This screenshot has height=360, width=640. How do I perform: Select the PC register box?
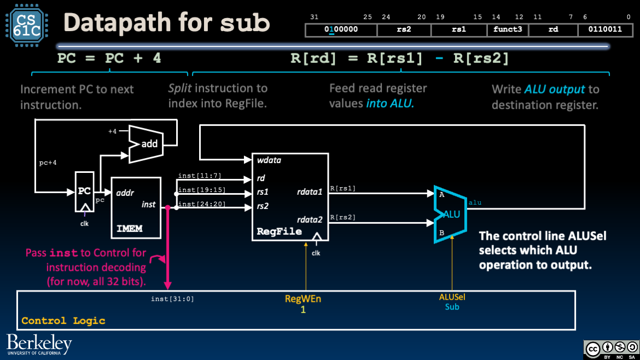(x=84, y=191)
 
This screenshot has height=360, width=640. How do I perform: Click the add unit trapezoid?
(x=146, y=144)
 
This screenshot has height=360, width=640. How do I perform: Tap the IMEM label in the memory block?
(x=129, y=229)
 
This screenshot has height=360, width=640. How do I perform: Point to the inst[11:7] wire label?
(x=199, y=175)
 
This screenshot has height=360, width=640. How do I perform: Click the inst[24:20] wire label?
(x=201, y=205)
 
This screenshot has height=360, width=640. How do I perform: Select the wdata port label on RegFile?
(x=270, y=160)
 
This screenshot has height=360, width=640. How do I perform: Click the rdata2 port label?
(x=310, y=219)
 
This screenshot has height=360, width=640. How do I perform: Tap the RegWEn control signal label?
(x=302, y=299)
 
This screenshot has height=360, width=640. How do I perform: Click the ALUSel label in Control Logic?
(x=452, y=297)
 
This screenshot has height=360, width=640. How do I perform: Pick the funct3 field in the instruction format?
(x=507, y=30)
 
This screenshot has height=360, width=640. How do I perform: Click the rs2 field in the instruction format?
(x=404, y=30)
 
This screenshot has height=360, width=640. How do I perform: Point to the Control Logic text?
(x=63, y=321)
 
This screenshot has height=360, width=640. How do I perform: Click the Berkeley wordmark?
(x=39, y=343)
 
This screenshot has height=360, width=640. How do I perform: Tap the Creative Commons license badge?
(x=611, y=349)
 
